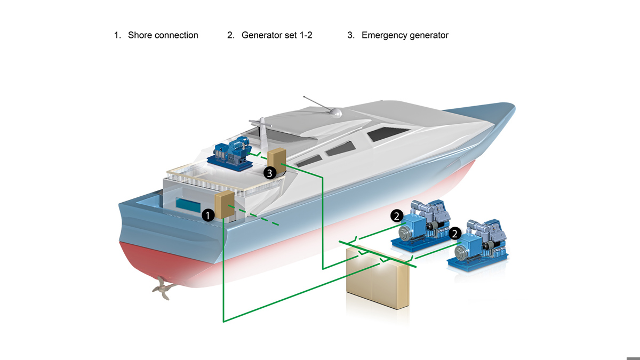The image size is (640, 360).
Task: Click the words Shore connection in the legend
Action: pyautogui.click(x=163, y=35)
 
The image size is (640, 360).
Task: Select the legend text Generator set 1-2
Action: pyautogui.click(x=276, y=35)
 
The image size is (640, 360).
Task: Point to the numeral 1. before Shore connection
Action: pyautogui.click(x=117, y=35)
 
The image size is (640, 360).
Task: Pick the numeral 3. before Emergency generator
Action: pyautogui.click(x=350, y=35)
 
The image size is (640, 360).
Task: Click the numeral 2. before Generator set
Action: pyautogui.click(x=230, y=35)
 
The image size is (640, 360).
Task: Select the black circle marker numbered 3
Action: pyautogui.click(x=270, y=172)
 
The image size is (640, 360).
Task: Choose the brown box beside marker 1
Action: pyautogui.click(x=225, y=206)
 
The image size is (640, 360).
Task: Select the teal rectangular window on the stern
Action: pyautogui.click(x=191, y=203)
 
